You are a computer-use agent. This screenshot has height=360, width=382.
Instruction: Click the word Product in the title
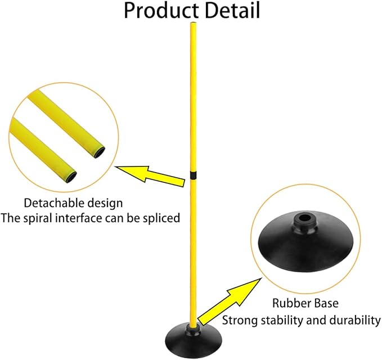pyautogui.click(x=161, y=11)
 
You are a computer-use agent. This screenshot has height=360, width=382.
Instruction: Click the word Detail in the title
pyautogui.click(x=232, y=11)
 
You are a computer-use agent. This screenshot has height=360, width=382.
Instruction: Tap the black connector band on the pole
pyautogui.click(x=193, y=175)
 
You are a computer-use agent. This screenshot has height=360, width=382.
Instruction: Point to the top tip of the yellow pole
pyautogui.click(x=193, y=23)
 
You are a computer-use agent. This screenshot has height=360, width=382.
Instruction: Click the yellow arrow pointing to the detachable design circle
pyautogui.click(x=150, y=176)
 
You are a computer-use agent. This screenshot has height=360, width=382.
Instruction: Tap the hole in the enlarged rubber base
pyautogui.click(x=304, y=218)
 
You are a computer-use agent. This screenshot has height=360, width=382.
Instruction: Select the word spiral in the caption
pyautogui.click(x=38, y=218)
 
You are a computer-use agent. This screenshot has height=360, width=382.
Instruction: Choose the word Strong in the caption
pyautogui.click(x=240, y=321)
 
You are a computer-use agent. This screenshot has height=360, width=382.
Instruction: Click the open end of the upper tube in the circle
pyautogui.click(x=100, y=153)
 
